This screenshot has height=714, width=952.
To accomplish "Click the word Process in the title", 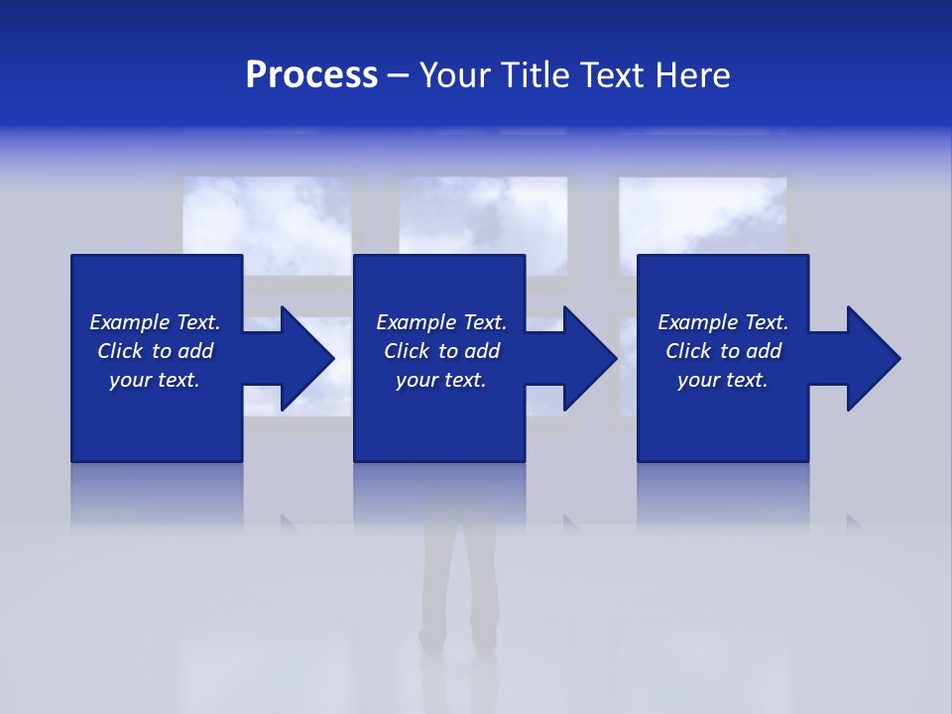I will tap(311, 75).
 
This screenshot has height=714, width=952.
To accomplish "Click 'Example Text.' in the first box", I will tap(155, 322).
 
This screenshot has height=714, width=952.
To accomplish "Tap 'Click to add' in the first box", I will tap(155, 351).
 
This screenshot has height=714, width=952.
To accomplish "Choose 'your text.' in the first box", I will tap(155, 380).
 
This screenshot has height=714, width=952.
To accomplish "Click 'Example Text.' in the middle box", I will tap(441, 322).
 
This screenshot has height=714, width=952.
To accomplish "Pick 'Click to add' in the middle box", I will tap(441, 351).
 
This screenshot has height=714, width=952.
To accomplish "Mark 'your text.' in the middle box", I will tap(441, 380).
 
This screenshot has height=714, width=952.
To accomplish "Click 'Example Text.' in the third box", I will tap(723, 322).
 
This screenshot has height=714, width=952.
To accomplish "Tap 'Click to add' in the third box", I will tap(723, 351).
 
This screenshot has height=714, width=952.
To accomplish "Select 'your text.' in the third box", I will tap(723, 380).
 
